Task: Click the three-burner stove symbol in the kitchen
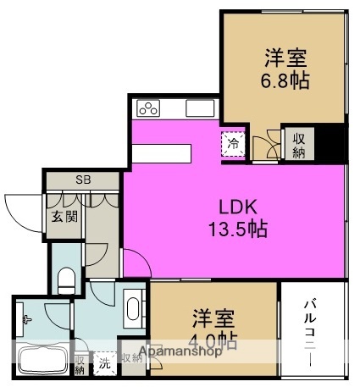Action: point(149,108)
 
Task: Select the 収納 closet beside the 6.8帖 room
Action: point(299,145)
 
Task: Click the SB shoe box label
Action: point(83,180)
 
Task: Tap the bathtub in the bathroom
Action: point(42,361)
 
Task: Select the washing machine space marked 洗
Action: point(105,362)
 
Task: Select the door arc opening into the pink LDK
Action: point(135,263)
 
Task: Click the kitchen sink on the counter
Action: point(197,108)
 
